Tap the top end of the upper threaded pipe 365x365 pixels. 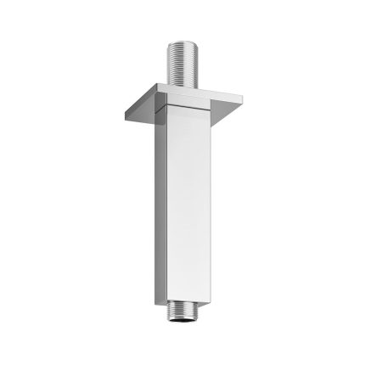click(185, 42)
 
